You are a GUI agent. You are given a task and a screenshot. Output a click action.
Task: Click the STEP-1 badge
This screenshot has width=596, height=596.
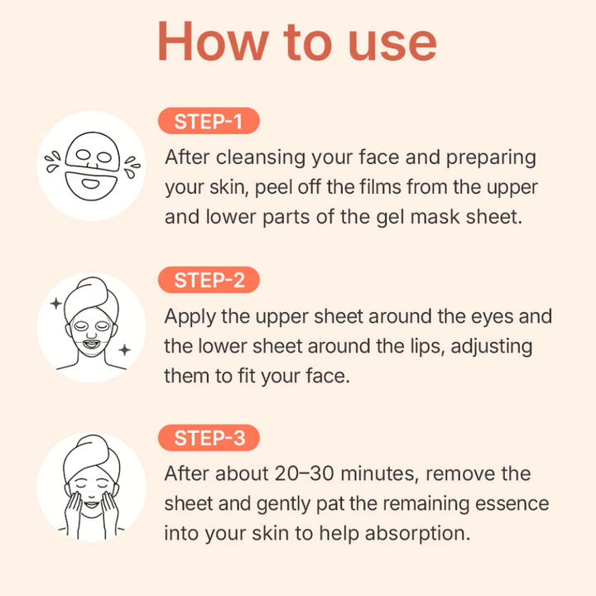[x=208, y=122]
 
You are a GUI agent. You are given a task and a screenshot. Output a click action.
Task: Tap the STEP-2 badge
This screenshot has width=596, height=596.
[x=209, y=280]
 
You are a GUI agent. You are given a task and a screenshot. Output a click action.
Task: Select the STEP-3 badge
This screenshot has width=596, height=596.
[x=209, y=438]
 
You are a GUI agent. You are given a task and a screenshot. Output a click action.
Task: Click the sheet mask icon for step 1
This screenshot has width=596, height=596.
[x=91, y=166]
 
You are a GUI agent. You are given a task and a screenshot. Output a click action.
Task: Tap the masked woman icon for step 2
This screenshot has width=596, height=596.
[x=91, y=328]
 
